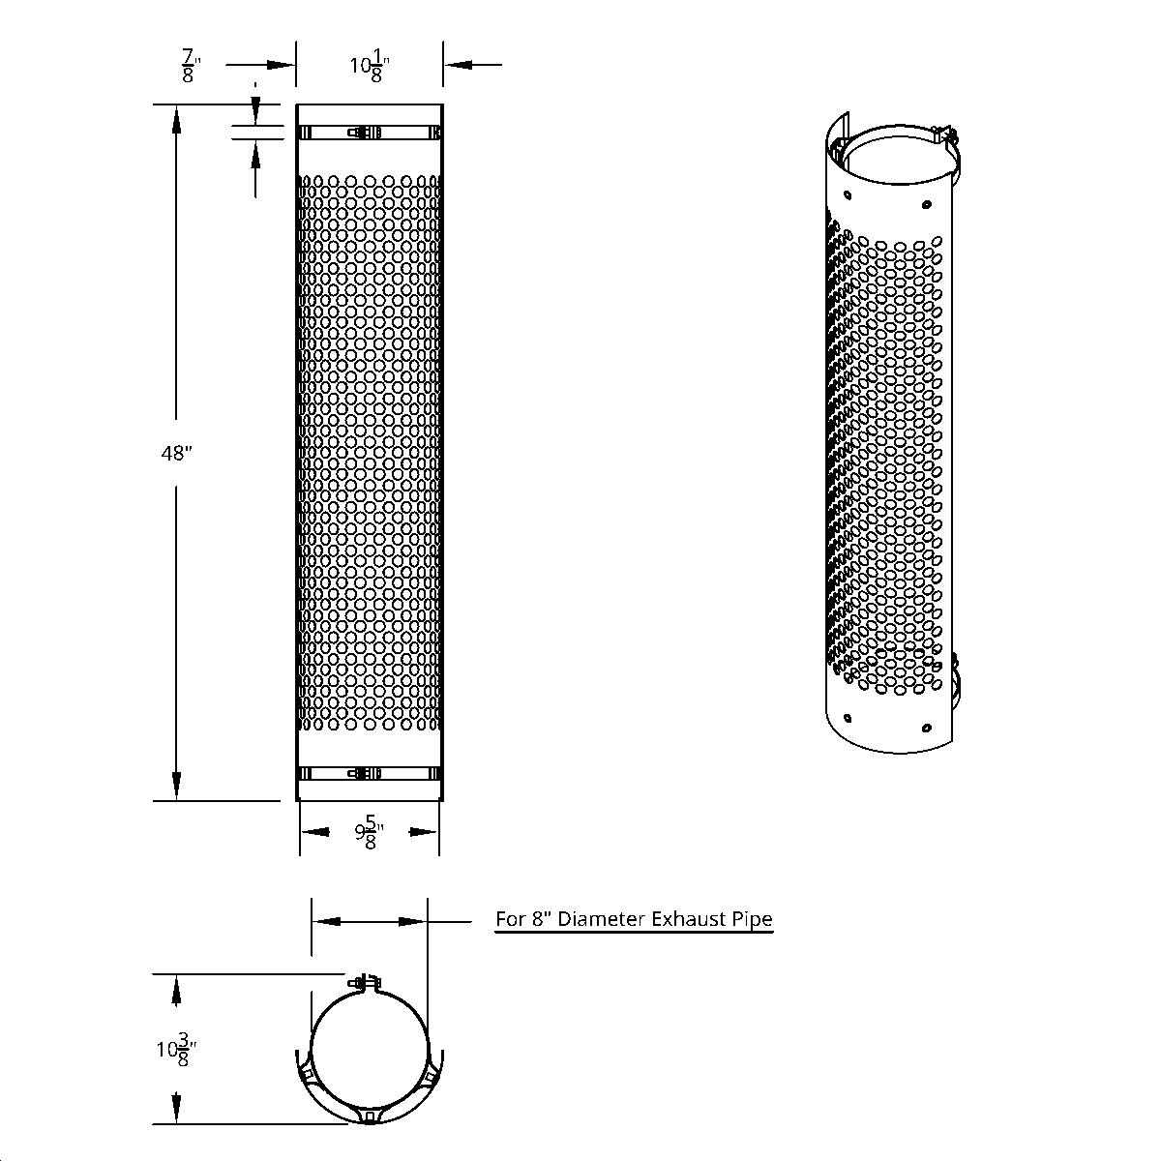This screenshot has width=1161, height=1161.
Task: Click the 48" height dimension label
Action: pyautogui.click(x=177, y=453)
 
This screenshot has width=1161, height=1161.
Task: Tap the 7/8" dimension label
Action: pyautogui.click(x=188, y=68)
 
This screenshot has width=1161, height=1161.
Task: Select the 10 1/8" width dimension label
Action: pyautogui.click(x=369, y=68)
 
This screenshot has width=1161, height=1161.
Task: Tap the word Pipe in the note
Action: pyautogui.click(x=754, y=918)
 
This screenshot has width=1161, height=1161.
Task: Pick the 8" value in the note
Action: pyautogui.click(x=543, y=918)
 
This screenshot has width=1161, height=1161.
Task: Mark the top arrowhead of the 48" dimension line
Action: pyautogui.click(x=176, y=119)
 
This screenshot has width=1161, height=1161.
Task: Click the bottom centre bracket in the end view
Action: pyautogui.click(x=369, y=1116)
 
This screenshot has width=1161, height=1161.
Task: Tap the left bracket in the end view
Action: pyautogui.click(x=310, y=1075)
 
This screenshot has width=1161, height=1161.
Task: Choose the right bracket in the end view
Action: pyautogui.click(x=427, y=1075)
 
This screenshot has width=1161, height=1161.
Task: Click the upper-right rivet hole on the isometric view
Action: pyautogui.click(x=927, y=204)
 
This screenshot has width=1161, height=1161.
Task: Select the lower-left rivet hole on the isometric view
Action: pyautogui.click(x=848, y=718)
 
